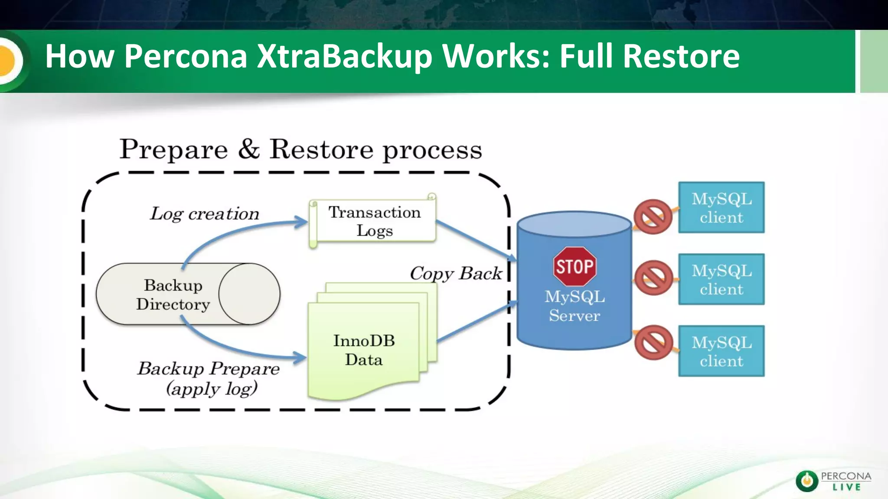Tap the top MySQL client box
(x=721, y=207)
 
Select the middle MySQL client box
(x=721, y=279)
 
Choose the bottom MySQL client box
(x=721, y=351)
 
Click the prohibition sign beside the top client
(x=653, y=217)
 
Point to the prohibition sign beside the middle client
(x=653, y=278)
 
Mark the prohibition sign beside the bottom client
(x=653, y=342)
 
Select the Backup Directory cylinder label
(x=173, y=295)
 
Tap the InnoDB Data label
(x=364, y=350)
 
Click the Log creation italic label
(x=205, y=214)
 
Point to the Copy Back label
(x=456, y=273)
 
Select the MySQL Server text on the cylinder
(x=575, y=306)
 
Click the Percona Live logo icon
(x=806, y=481)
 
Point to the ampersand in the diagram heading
(x=249, y=149)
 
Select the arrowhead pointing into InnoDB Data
(x=300, y=358)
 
